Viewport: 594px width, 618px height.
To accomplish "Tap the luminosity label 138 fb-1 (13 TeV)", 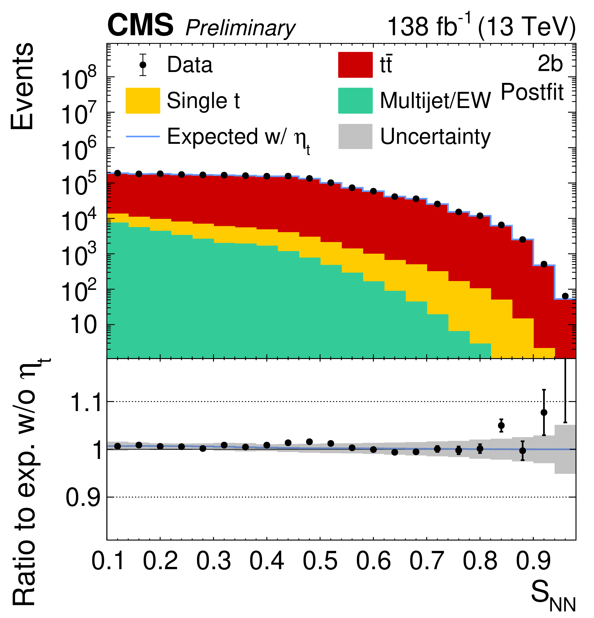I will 481,27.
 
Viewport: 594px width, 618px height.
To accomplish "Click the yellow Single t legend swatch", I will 143,101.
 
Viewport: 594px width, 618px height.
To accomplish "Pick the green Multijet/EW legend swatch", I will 355,101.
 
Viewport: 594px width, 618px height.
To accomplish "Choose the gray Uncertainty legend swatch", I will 355,136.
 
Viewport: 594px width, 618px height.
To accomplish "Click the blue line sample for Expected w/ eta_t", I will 143,136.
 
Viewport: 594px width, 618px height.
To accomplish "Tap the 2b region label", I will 550,64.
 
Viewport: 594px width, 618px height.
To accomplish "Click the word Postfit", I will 532,92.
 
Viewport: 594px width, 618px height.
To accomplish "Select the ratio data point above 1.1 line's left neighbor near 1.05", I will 501,425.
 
